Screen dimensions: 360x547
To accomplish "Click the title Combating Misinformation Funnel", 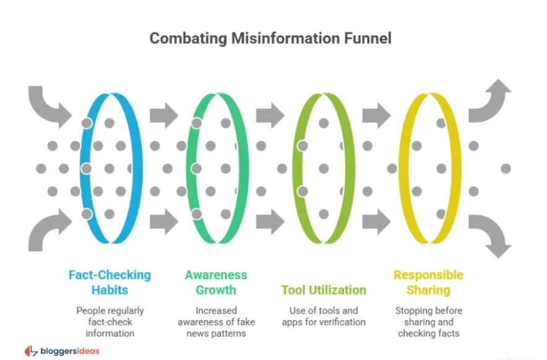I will click(x=270, y=38).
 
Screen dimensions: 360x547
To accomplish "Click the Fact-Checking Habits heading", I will click(x=110, y=282).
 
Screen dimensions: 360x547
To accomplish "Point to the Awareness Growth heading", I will click(x=216, y=282).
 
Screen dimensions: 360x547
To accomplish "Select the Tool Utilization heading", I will click(x=324, y=290).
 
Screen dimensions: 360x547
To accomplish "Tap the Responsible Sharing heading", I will click(x=428, y=282).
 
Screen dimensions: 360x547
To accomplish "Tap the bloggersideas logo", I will click(x=62, y=351).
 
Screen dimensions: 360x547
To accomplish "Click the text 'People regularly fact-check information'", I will click(x=110, y=322).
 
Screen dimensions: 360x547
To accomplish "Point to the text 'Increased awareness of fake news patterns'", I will click(x=216, y=322).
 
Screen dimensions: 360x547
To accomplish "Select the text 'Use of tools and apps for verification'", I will click(x=324, y=316).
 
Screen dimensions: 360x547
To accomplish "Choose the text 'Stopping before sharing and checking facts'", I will click(x=428, y=322).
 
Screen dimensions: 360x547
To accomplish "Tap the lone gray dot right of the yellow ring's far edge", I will click(x=506, y=168).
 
